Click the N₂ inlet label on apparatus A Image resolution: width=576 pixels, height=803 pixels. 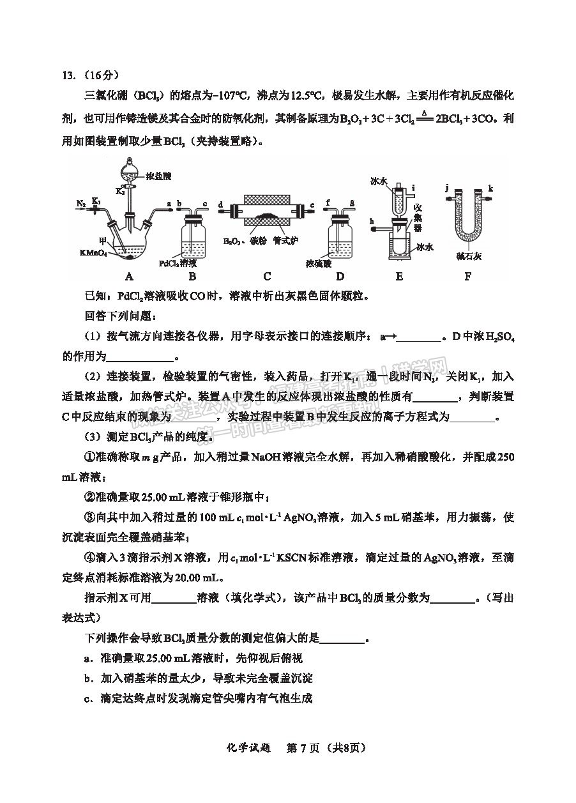coord(80,204)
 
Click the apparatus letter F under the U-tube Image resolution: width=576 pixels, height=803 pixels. coord(468,276)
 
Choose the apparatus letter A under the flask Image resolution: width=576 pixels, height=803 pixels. coord(129,276)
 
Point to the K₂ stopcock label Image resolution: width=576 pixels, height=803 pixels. coord(119,191)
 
